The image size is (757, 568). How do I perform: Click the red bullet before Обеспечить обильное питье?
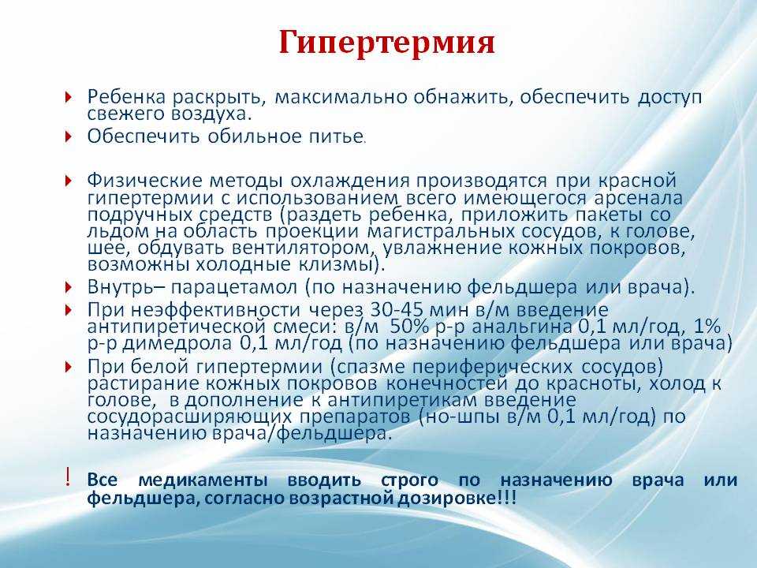68,136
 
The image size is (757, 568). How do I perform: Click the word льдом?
118,231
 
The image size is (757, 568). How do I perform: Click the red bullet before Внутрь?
68,287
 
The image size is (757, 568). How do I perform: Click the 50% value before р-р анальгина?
409,327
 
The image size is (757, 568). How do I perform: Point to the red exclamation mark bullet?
68,477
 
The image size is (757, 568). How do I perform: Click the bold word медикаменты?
203,480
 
